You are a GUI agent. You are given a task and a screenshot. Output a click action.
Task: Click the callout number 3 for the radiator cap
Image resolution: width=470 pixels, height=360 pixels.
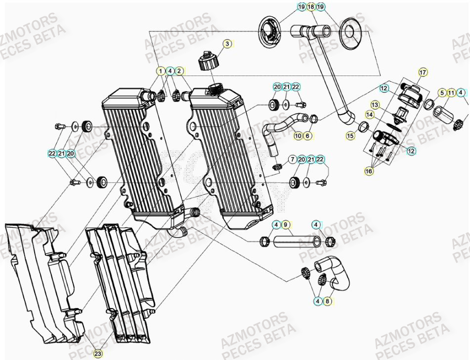[227, 44]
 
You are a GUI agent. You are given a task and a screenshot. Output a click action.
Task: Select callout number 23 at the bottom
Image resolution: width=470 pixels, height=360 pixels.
[97, 353]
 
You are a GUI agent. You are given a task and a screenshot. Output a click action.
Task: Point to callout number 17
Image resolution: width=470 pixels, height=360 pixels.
[423, 73]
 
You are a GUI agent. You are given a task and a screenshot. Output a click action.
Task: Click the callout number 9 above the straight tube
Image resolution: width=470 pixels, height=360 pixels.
[286, 225]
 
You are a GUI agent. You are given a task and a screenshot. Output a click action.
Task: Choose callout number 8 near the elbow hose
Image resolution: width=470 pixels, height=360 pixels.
[327, 300]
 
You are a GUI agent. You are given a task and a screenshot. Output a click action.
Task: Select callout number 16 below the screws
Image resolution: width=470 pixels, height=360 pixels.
[369, 171]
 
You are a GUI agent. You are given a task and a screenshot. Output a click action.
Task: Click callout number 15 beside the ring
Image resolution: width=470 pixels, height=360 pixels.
[350, 135]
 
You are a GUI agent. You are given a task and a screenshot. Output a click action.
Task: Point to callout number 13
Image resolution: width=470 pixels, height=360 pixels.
[375, 105]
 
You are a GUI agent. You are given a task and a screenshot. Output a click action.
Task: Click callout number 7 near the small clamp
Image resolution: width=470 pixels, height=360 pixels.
[292, 159]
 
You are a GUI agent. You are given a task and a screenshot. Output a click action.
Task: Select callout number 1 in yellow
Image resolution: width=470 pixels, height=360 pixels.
[161, 71]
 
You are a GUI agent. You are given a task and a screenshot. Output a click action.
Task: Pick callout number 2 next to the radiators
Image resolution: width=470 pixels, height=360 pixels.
[179, 71]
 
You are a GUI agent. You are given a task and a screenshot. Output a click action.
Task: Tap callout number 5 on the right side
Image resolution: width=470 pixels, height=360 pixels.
[442, 92]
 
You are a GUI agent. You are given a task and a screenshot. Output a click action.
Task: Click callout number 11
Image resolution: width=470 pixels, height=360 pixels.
[451, 92]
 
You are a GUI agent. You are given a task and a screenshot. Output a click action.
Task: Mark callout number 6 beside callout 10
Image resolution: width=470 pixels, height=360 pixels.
[307, 135]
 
